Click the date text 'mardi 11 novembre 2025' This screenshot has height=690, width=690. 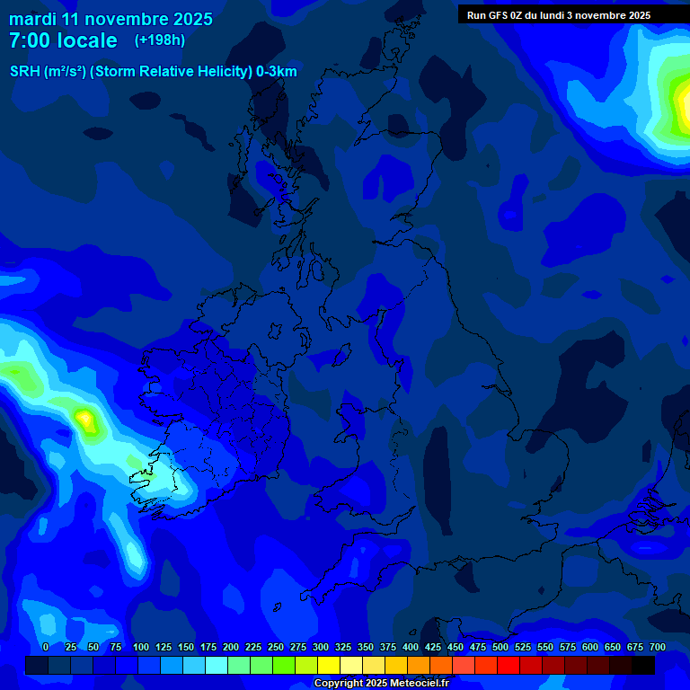(111, 19)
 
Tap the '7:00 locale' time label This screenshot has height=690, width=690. (63, 40)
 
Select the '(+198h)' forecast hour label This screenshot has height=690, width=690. (160, 40)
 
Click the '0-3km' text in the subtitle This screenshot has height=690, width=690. (277, 72)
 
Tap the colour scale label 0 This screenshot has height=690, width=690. (46, 647)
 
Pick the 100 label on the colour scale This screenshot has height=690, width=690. (141, 647)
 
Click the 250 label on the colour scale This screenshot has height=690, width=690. (276, 647)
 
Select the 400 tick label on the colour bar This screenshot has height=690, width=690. (411, 647)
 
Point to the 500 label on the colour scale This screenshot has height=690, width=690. (500, 647)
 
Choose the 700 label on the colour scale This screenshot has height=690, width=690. (658, 647)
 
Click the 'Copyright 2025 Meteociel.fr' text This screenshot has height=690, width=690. (382, 683)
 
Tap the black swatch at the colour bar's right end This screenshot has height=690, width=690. (643, 665)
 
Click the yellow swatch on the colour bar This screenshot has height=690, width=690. (329, 665)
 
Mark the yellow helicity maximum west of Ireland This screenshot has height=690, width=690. (84, 418)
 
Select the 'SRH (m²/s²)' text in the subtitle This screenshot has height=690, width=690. (48, 72)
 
